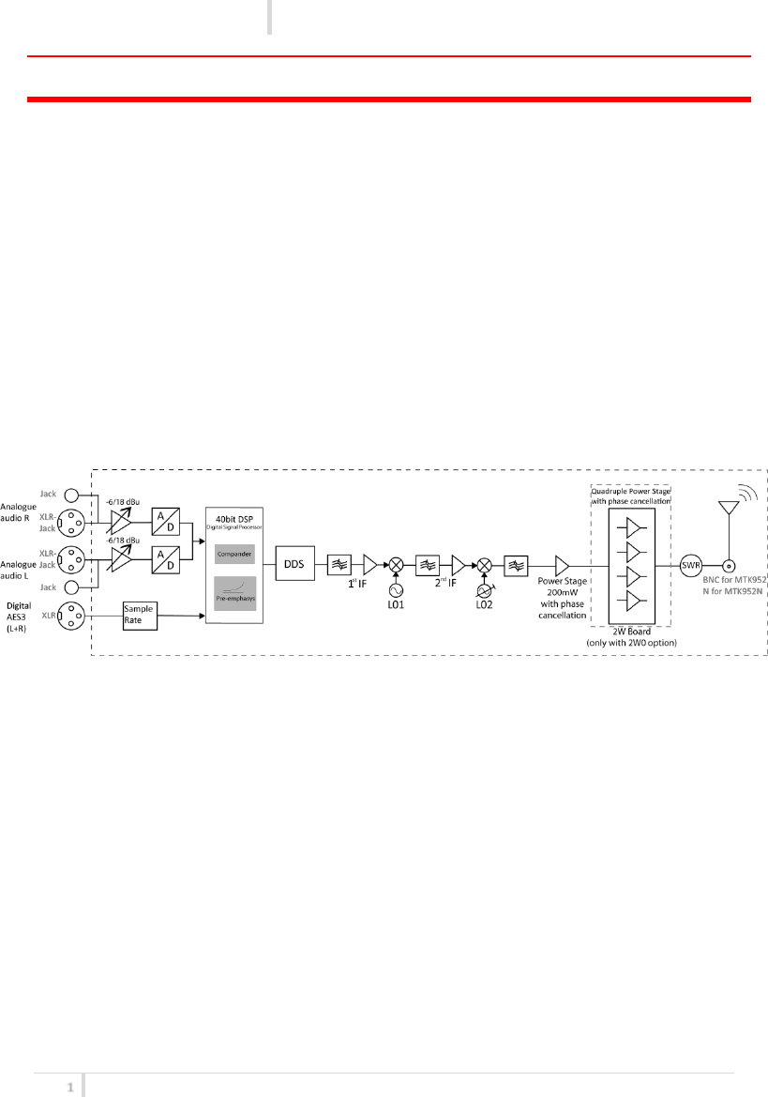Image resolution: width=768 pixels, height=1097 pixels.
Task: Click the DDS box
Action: (295, 565)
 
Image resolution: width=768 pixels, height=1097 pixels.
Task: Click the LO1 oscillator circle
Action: (397, 591)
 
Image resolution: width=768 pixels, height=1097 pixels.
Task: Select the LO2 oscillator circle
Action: (485, 592)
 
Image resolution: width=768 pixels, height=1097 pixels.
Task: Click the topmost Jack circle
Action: (70, 494)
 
